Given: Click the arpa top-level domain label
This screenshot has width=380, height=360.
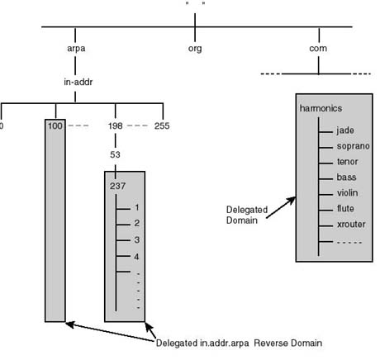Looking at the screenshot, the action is point(76,49).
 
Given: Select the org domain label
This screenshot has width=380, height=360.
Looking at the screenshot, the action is point(195,49).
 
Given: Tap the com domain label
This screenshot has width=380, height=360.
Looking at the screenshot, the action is point(318,49).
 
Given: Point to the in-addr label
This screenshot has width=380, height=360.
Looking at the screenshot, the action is point(78,82).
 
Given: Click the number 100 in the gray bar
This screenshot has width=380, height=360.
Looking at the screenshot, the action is point(55,126).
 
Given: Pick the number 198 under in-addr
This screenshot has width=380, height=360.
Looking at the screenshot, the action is point(115,126).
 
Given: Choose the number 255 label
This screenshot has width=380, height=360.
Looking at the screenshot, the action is point(162,126).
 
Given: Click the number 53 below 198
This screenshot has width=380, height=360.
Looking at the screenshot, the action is point(115,154).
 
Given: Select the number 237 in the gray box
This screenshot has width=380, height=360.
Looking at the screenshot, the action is point(117,186).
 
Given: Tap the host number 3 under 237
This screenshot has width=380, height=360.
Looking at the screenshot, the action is point(137,240).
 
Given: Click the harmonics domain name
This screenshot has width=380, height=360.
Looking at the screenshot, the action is point(321,108).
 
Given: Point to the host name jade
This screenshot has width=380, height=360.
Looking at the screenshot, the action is point(345,130).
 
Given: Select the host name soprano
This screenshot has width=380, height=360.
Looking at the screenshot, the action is point(354,146).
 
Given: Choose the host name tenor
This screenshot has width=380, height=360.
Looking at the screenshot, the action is point(347,162).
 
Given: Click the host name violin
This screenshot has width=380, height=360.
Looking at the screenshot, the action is point(347,193).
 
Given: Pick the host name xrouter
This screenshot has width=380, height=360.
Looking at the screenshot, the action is point(351,225).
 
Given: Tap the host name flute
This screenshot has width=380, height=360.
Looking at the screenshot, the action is point(345,209).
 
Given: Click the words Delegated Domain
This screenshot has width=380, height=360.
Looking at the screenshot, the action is point(247,215).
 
